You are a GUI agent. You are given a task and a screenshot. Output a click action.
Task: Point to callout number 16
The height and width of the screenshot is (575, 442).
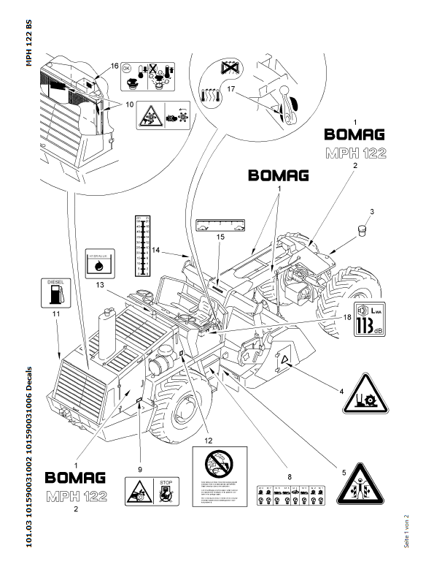115,66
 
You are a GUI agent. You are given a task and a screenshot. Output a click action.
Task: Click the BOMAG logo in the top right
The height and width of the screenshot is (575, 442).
354,134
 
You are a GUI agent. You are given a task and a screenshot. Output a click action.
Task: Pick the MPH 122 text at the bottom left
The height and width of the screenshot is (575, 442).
75,498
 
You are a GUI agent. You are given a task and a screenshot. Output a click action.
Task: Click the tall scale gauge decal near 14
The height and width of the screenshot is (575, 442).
142,244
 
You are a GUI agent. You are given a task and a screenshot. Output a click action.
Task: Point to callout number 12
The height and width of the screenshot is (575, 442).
209,441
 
